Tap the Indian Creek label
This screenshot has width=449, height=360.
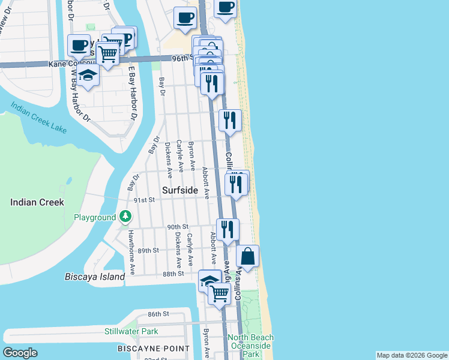pos(37,202)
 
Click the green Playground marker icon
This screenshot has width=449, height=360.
pos(125,216)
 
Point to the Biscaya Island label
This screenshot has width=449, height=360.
pos(95,277)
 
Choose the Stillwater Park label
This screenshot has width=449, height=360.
pos(131,331)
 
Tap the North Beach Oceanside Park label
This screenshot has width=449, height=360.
pos(251,346)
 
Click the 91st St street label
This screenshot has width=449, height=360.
pos(144,200)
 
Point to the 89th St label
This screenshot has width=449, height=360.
pos(148,250)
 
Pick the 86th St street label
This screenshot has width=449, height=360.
pos(159,314)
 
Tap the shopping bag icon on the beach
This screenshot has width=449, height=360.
pos(248,257)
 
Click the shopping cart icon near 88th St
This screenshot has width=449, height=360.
pos(220,293)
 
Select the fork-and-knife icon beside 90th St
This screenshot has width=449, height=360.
pos(228,229)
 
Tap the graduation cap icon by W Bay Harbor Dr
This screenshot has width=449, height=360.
pos(88,75)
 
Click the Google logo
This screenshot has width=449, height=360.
pos(20,353)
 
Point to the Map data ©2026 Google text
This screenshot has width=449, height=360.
pos(412,355)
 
